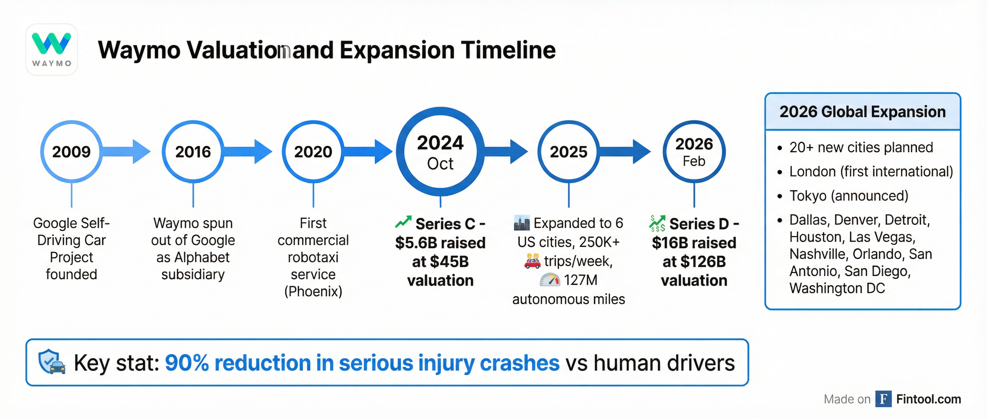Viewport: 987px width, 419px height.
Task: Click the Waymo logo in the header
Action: point(51,50)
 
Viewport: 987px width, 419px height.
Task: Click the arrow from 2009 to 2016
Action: point(126,152)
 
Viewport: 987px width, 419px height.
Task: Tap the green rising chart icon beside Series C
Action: point(403,222)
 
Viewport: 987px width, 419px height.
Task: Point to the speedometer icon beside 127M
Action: point(550,280)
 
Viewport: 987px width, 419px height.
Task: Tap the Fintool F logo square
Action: point(883,399)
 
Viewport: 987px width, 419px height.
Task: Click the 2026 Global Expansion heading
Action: point(862,112)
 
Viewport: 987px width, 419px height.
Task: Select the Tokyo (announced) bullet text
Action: point(849,196)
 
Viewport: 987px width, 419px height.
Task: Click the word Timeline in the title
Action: point(508,50)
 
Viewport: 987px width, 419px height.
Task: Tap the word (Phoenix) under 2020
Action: point(313,292)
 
